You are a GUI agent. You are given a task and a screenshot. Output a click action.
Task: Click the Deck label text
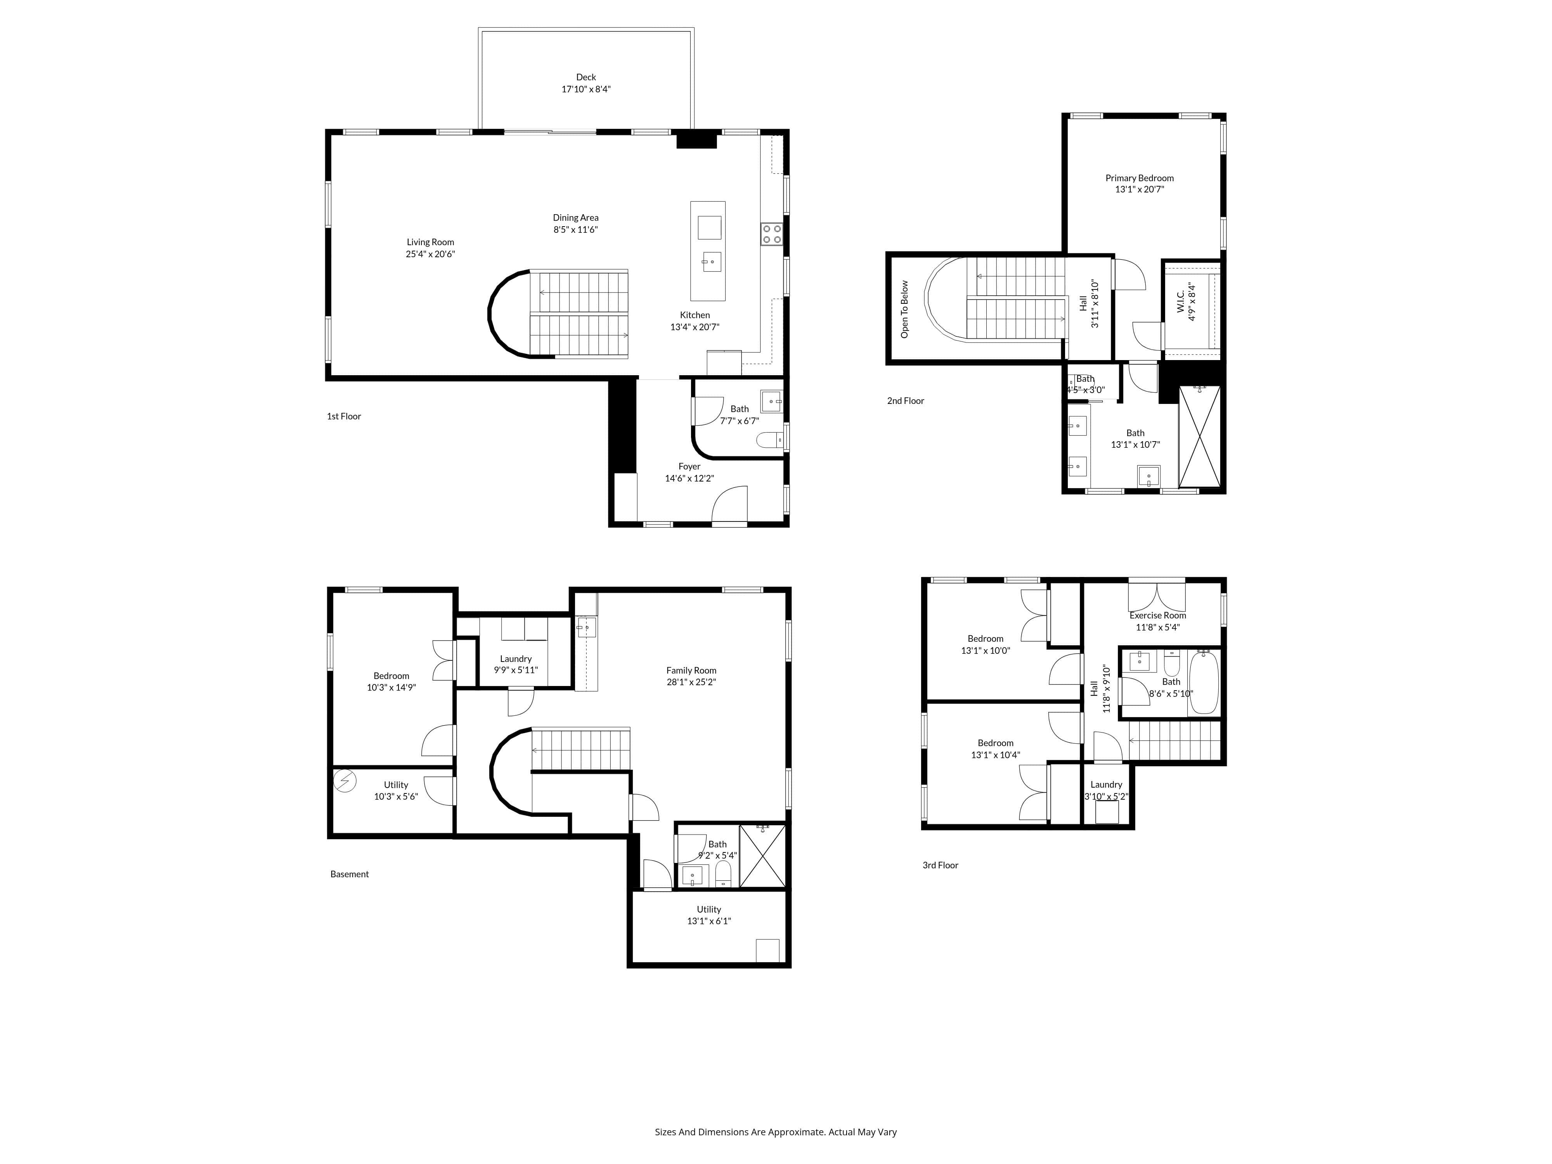pyautogui.click(x=586, y=77)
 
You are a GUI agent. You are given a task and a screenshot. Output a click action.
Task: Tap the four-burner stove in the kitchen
pyautogui.click(x=772, y=234)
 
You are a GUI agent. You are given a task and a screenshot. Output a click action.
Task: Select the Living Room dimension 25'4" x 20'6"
pyautogui.click(x=430, y=254)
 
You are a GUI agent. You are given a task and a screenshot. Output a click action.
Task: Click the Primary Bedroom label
pyautogui.click(x=1140, y=178)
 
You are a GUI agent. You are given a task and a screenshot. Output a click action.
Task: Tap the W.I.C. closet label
pyautogui.click(x=1180, y=302)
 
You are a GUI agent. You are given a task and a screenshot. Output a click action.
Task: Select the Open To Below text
pyautogui.click(x=904, y=309)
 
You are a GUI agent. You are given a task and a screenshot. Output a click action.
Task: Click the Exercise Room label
pyautogui.click(x=1158, y=615)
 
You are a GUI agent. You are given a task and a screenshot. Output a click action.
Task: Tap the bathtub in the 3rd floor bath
pyautogui.click(x=1204, y=682)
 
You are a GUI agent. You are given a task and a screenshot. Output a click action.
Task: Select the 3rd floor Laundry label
pyautogui.click(x=1107, y=785)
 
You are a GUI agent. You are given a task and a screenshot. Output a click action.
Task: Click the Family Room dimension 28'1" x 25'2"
pyautogui.click(x=691, y=682)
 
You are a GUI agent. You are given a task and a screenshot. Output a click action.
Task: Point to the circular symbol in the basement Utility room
pyautogui.click(x=345, y=781)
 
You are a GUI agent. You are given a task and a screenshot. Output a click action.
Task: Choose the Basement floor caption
pyautogui.click(x=350, y=874)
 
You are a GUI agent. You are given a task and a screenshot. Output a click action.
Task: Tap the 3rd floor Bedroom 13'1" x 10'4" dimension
pyautogui.click(x=996, y=755)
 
